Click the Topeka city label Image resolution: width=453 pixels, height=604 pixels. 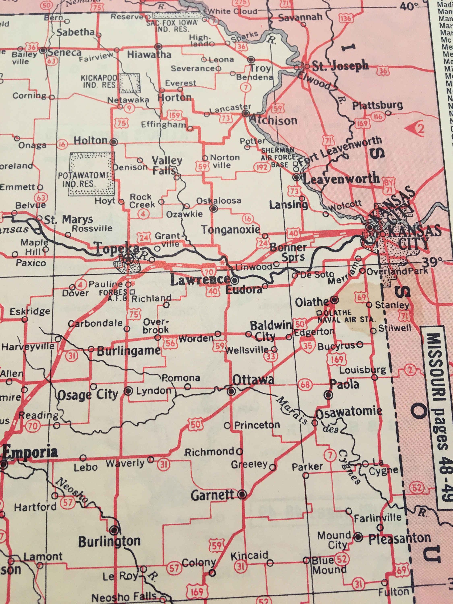point(117,248)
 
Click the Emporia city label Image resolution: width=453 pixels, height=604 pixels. point(30,453)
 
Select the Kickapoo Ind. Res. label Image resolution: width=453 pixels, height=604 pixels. point(99,81)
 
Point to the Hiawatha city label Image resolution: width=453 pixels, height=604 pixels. point(149,55)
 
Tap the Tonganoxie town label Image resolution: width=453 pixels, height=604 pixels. point(231,230)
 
